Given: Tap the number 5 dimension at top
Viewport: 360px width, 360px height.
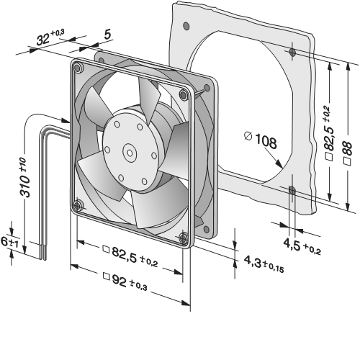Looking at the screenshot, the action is (x=108, y=35).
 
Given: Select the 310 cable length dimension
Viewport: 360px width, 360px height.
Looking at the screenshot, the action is (x=26, y=177).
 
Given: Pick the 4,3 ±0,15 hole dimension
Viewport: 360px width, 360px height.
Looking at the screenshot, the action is (x=264, y=264).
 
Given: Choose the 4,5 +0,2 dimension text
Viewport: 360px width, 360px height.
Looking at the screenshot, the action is (x=302, y=246).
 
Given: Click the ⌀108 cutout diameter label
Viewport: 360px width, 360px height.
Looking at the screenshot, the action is (x=261, y=140).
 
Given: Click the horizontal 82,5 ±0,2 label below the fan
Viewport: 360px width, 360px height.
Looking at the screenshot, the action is (x=130, y=256).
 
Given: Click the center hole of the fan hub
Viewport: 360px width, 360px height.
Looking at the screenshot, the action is (x=130, y=153).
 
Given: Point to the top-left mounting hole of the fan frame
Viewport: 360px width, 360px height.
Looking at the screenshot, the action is (x=77, y=68).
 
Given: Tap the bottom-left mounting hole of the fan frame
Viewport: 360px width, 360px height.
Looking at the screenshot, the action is (x=77, y=206).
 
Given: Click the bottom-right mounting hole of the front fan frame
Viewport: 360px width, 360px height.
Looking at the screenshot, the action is (x=183, y=238).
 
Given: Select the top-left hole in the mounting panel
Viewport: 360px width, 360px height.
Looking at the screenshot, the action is (x=186, y=25).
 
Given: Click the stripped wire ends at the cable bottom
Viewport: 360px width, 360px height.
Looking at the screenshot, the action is (x=42, y=252).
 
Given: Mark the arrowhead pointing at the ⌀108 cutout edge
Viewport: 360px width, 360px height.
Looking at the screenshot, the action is (x=279, y=163).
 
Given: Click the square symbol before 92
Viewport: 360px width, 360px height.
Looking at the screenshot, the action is (x=106, y=276).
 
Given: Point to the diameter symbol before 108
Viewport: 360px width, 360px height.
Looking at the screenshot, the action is (x=248, y=136).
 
